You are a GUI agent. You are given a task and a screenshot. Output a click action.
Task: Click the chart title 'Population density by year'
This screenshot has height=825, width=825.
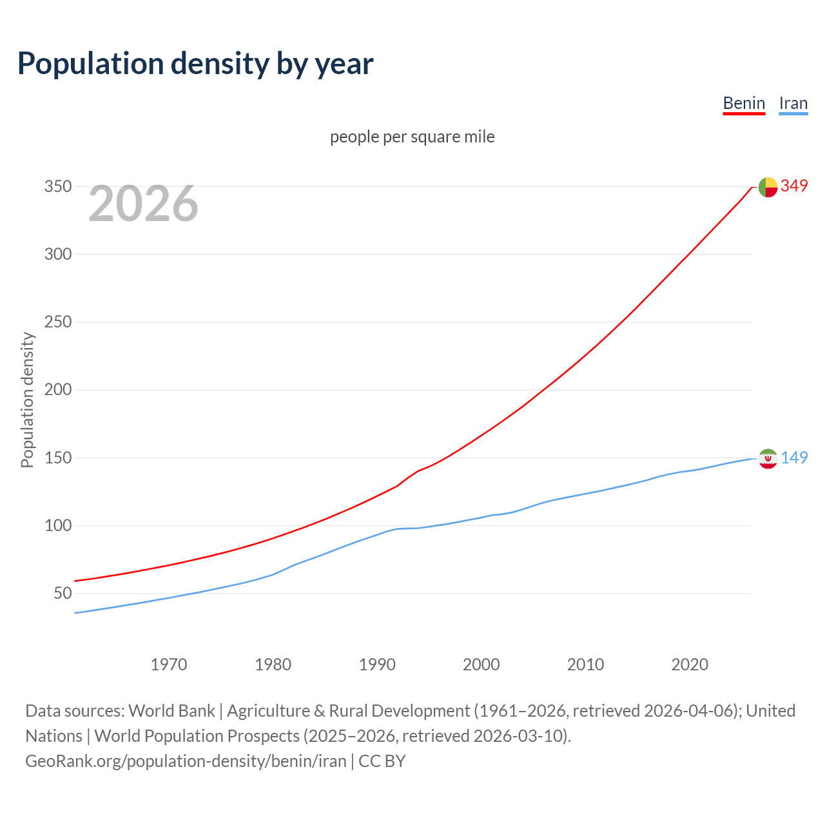[x=195, y=64]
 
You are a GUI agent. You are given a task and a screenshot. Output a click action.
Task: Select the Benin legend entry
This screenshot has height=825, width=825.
[x=744, y=103]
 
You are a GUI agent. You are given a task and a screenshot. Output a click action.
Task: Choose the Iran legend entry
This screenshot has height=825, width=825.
[x=793, y=103]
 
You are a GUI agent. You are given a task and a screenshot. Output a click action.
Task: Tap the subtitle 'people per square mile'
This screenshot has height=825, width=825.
[x=412, y=137]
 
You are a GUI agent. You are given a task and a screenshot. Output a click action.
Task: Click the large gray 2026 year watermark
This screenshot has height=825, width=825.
[x=143, y=204]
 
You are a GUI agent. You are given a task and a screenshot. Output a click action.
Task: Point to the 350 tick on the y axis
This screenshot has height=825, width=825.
[x=57, y=187]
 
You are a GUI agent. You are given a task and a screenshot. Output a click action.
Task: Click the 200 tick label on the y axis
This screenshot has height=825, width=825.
[x=57, y=390]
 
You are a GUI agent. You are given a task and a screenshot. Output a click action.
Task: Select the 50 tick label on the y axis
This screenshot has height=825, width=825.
[x=62, y=593]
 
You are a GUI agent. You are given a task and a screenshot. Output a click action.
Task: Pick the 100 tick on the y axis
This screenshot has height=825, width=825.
[x=57, y=525]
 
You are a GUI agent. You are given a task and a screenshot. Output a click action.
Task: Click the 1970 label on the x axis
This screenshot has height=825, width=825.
[x=169, y=665]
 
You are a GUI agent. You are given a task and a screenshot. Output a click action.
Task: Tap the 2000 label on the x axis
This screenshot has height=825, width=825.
[x=481, y=665]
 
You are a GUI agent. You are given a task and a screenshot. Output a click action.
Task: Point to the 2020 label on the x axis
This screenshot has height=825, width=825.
[x=690, y=665]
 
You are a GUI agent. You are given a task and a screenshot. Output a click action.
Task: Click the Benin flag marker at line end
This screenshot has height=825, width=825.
[x=768, y=187]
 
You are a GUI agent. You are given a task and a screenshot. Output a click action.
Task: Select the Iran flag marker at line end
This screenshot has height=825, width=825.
[x=768, y=458]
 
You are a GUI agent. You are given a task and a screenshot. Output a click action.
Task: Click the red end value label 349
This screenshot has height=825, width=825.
[x=794, y=186]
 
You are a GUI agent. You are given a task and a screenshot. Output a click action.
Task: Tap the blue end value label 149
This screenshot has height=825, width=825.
[x=794, y=458]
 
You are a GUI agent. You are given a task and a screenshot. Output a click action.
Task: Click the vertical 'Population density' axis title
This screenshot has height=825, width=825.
[x=27, y=400]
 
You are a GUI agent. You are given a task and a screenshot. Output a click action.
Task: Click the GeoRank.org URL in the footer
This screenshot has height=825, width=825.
[x=186, y=761]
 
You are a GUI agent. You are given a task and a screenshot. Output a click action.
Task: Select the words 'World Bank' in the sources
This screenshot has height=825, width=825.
[x=171, y=711]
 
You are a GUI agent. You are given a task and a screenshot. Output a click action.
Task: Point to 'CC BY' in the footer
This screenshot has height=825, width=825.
[x=382, y=761]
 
